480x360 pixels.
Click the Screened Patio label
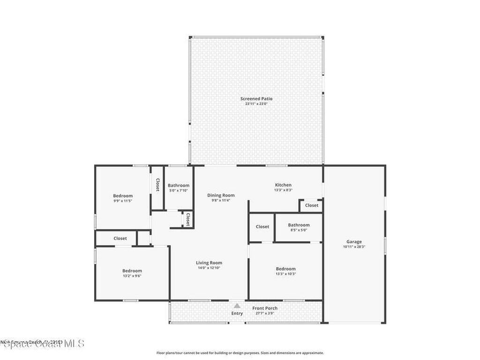pyautogui.click(x=256, y=98)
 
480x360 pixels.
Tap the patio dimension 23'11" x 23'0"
pyautogui.click(x=256, y=104)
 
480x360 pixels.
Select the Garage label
pyautogui.click(x=354, y=242)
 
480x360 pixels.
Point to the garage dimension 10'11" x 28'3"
pyautogui.click(x=354, y=247)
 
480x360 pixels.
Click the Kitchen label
pyautogui.click(x=283, y=185)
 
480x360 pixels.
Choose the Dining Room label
pyautogui.click(x=221, y=195)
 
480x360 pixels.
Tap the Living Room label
pyautogui.click(x=209, y=263)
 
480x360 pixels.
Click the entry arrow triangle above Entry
pyautogui.click(x=237, y=306)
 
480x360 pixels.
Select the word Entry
pyautogui.click(x=237, y=313)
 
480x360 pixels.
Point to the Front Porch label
pyautogui.click(x=265, y=308)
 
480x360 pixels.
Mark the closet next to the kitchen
pyautogui.click(x=312, y=205)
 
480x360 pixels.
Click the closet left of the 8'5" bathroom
pyautogui.click(x=262, y=227)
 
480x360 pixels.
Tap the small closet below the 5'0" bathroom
pyautogui.click(x=187, y=219)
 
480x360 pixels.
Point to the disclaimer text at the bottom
pyautogui.click(x=240, y=353)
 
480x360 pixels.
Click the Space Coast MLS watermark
pyautogui.click(x=42, y=344)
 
